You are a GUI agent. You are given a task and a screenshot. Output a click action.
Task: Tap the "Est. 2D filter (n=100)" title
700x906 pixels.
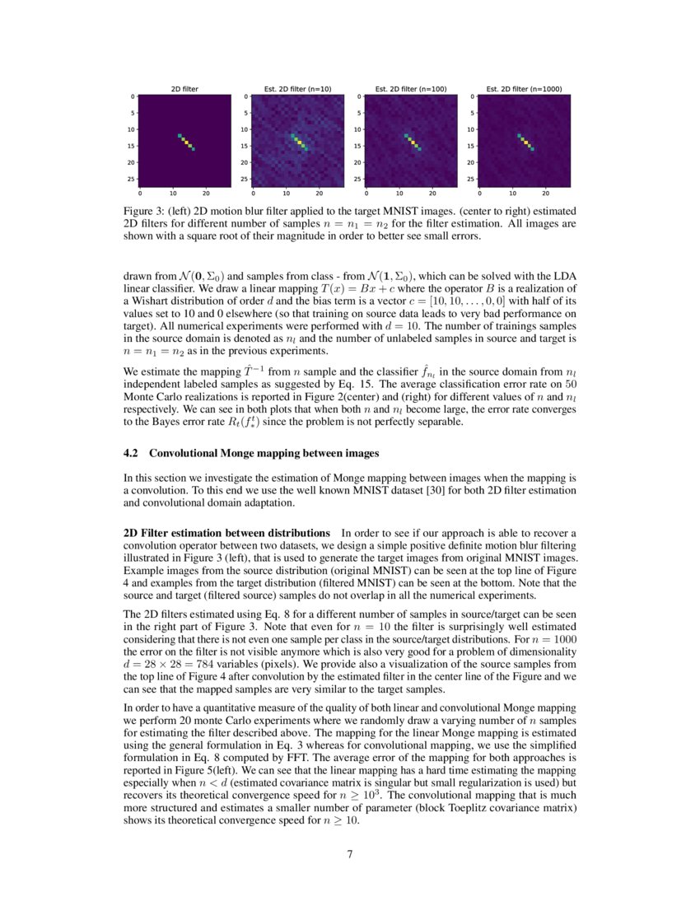coord(410,88)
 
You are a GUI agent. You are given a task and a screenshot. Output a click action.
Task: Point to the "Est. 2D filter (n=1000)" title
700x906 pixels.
coord(524,88)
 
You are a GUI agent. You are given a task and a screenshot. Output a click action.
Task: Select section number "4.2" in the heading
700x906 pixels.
coord(131,453)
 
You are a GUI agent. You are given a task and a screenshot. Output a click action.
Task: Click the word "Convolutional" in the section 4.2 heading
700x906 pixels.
coord(188,453)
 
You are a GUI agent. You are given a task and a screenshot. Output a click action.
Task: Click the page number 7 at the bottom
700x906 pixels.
coord(350,853)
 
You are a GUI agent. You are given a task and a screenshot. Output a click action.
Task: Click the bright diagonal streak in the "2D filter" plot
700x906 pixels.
coord(186,142)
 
